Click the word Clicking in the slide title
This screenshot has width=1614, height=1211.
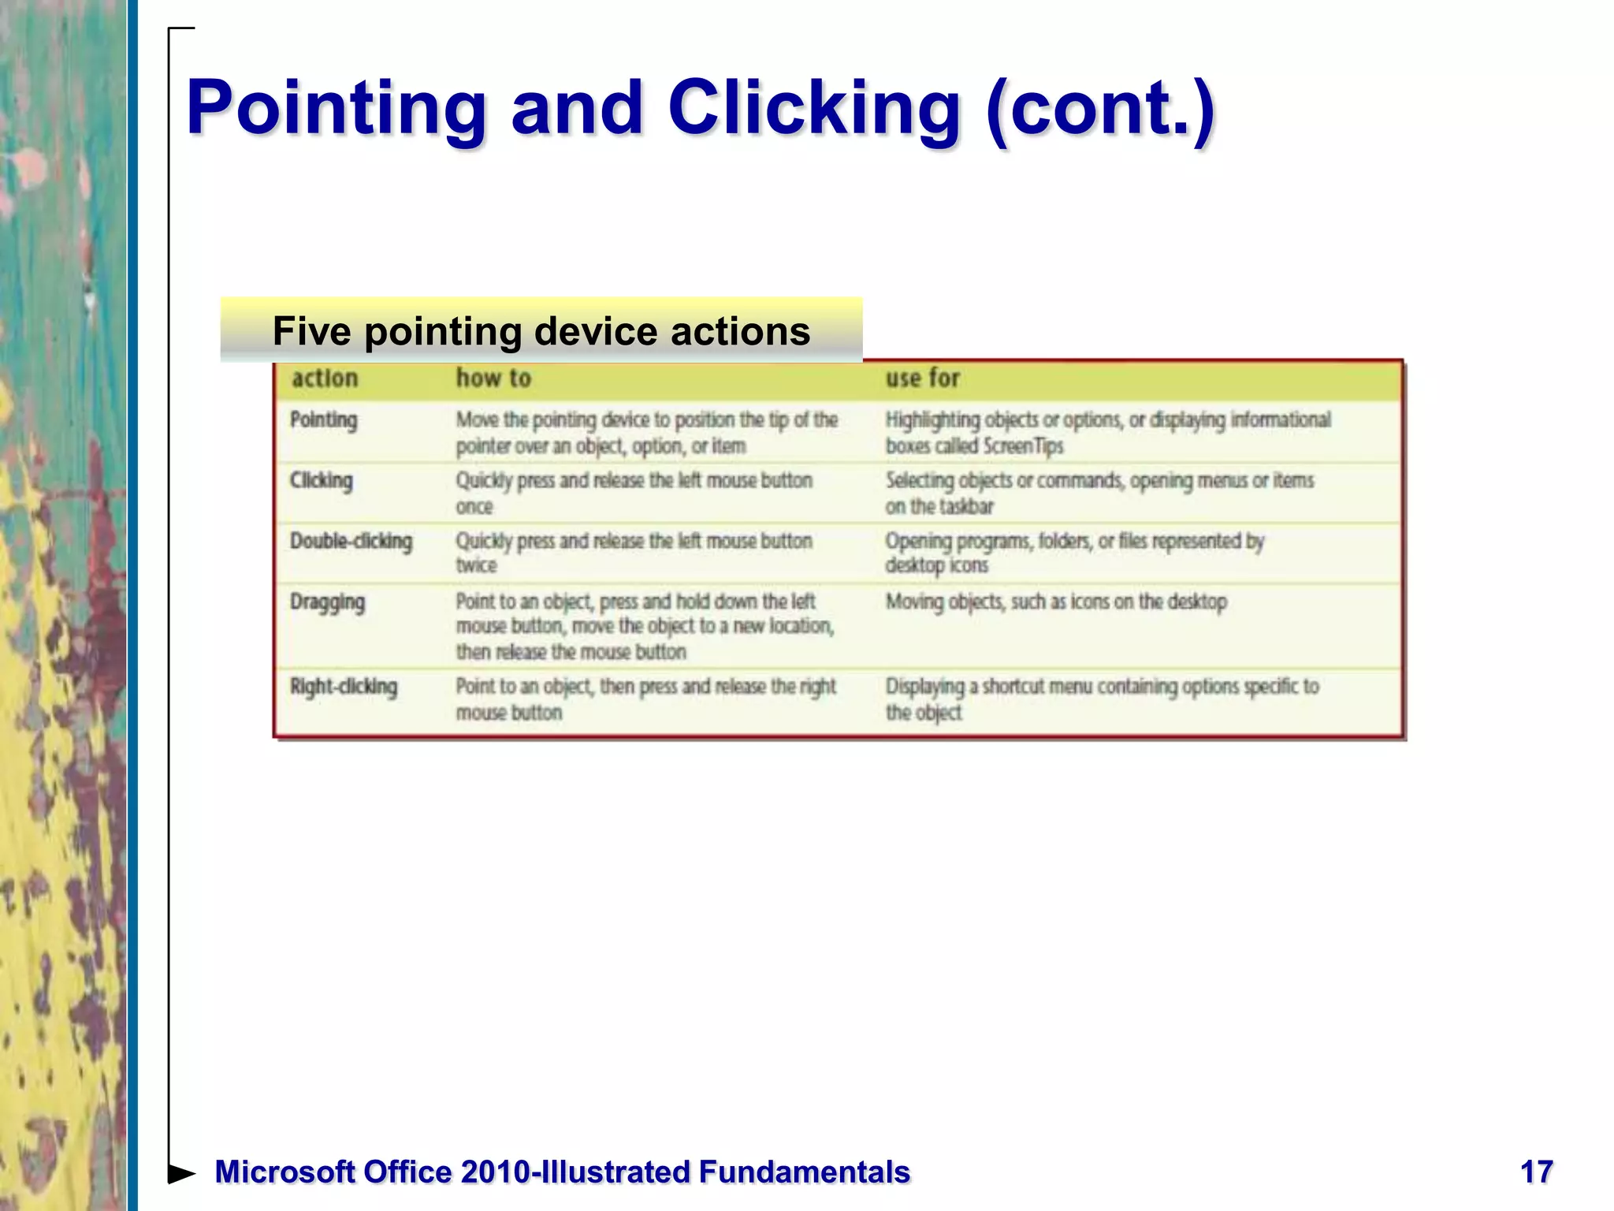click(x=814, y=108)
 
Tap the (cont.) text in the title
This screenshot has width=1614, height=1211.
click(x=1100, y=108)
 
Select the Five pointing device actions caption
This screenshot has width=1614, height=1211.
click(x=541, y=331)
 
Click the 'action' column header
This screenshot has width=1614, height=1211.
click(x=325, y=378)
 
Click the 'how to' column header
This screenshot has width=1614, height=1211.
click(x=493, y=378)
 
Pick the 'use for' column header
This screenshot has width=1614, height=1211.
click(x=922, y=378)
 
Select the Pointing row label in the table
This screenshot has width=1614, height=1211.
click(x=324, y=420)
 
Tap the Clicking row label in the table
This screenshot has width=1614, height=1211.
click(x=322, y=481)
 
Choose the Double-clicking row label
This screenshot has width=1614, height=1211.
click(x=351, y=542)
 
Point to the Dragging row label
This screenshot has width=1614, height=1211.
click(x=327, y=602)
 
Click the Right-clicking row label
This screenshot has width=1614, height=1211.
click(x=344, y=687)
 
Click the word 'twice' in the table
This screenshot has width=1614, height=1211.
click(x=476, y=566)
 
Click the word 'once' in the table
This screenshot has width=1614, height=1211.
click(x=474, y=507)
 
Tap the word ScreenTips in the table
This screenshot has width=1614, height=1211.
click(x=1023, y=446)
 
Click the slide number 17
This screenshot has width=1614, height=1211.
click(x=1536, y=1172)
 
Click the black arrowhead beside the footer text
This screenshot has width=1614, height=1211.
click(x=182, y=1173)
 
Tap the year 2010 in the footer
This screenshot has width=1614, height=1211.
click(x=495, y=1172)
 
